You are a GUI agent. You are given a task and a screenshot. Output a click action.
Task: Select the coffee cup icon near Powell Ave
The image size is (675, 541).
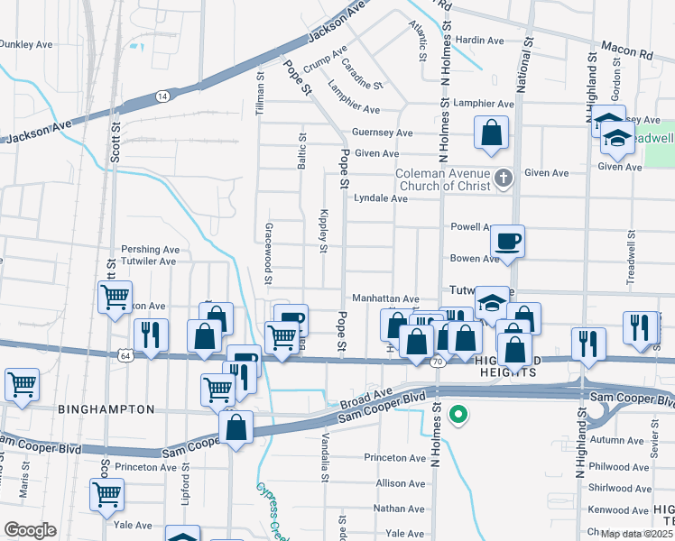coord(507,242)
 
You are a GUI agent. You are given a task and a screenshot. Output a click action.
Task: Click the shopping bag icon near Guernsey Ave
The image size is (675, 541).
coord(490,133)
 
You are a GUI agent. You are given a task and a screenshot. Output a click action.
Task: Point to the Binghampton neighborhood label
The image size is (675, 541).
coord(106,409)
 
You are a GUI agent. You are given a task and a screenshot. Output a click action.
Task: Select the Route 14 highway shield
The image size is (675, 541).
coord(162,96)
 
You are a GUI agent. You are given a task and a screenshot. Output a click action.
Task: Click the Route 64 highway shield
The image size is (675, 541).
coord(125,355)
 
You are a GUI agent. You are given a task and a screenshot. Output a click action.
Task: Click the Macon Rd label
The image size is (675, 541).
coord(633,55)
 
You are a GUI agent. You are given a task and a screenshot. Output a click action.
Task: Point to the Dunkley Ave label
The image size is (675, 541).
coord(26,43)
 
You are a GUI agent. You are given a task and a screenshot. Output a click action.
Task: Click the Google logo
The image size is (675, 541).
coord(30,530)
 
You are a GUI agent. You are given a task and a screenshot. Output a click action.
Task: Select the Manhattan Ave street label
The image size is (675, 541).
coord(385,298)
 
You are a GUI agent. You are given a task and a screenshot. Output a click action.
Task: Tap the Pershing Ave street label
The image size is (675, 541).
coord(151,249)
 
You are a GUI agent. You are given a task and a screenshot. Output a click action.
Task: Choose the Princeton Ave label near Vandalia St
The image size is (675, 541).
coord(394,458)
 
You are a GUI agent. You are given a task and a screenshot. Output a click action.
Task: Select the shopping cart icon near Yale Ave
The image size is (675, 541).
coord(107,495)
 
